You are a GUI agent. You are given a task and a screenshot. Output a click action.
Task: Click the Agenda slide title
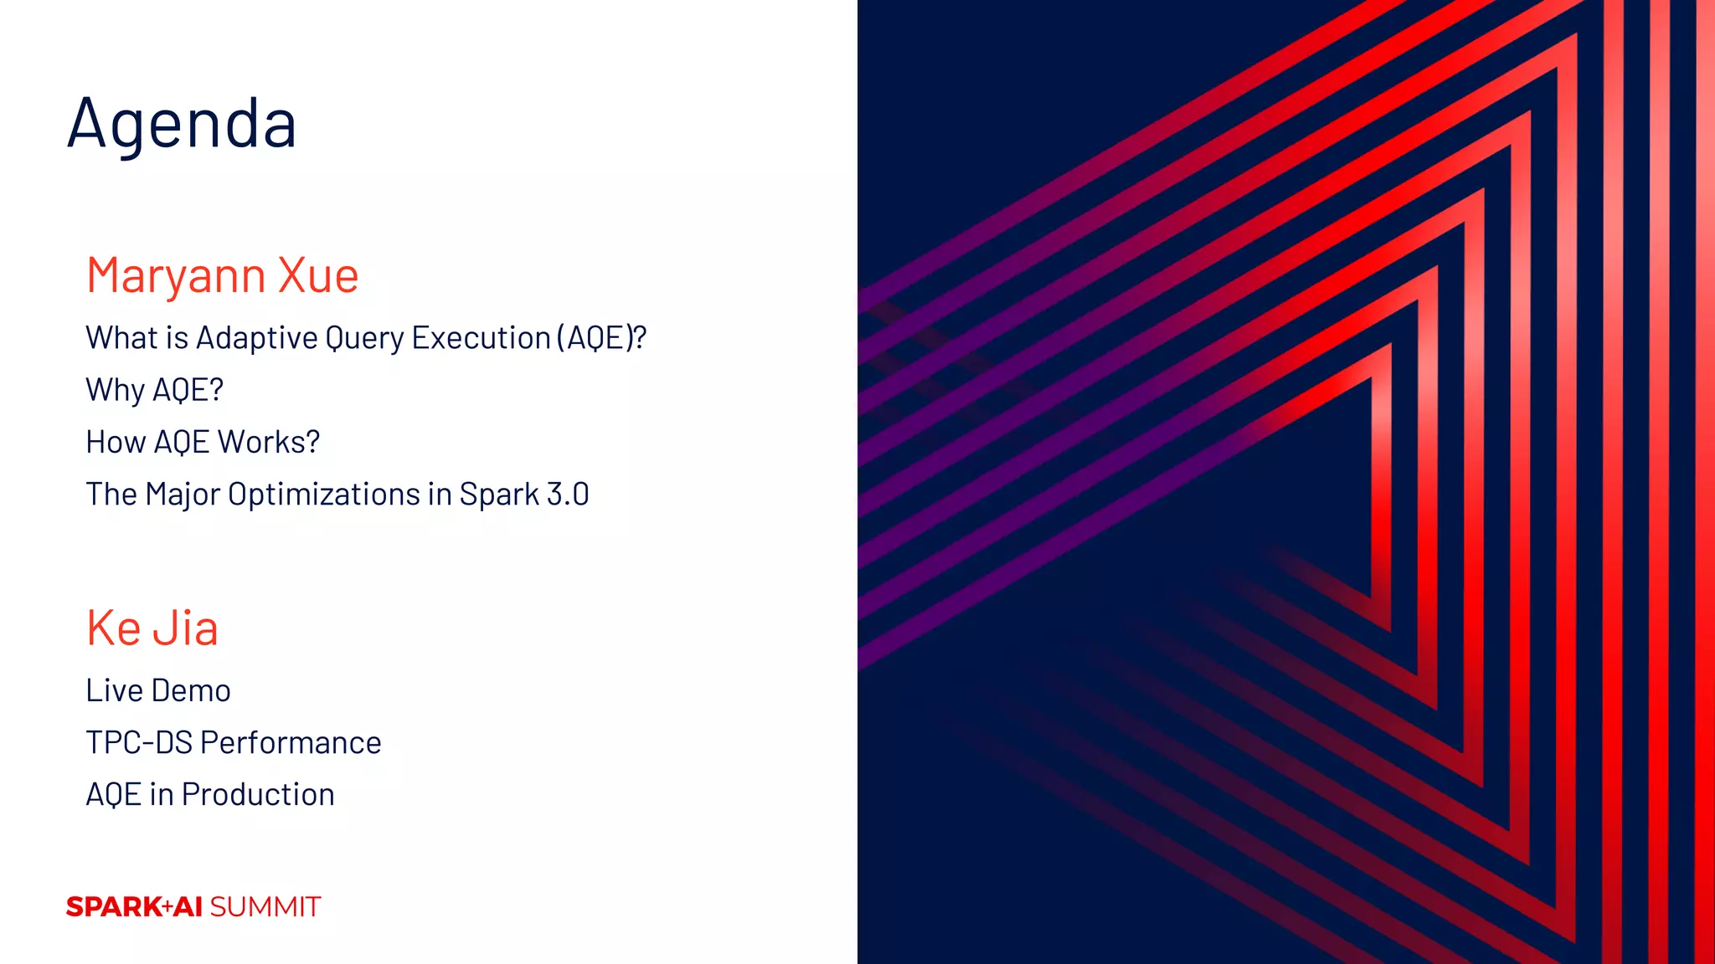[182, 124]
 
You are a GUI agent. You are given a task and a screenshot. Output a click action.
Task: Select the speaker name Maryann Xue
[222, 275]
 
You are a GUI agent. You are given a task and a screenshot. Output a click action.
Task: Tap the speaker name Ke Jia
[152, 628]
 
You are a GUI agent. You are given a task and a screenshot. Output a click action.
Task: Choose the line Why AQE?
[154, 390]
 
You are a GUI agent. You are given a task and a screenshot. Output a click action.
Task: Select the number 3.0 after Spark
[568, 494]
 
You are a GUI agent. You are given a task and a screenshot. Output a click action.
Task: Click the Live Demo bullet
[158, 691]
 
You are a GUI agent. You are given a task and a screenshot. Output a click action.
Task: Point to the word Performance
[291, 743]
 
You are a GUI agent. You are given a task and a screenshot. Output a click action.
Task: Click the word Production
[258, 795]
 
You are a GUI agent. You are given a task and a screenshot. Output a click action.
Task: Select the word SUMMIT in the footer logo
[265, 907]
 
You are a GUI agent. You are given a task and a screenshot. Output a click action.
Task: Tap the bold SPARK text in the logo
[114, 907]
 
